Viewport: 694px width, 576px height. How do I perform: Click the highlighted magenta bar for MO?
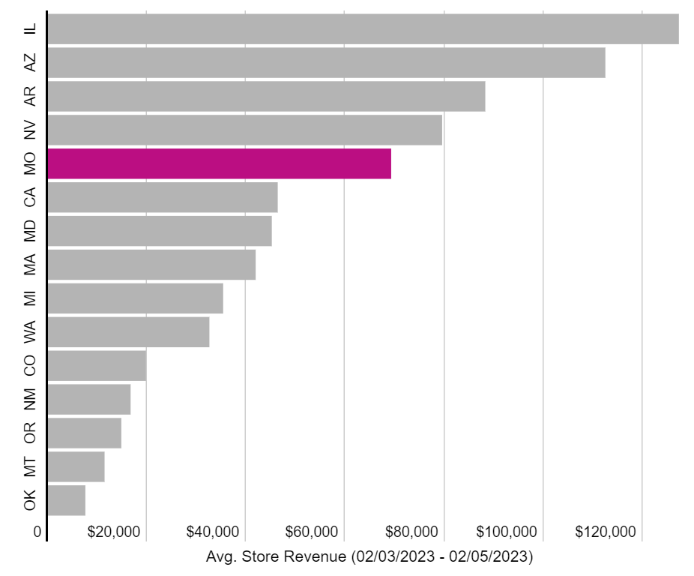click(219, 163)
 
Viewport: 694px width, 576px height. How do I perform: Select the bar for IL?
click(363, 28)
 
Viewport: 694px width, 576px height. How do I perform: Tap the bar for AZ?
click(326, 62)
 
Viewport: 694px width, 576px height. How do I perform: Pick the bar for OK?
click(66, 500)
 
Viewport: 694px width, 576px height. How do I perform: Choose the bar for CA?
click(162, 197)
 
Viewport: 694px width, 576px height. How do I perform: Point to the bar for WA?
click(128, 332)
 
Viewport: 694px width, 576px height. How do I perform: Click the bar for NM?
click(88, 399)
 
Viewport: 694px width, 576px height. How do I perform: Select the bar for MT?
click(76, 466)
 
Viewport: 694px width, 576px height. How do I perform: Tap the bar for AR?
click(266, 96)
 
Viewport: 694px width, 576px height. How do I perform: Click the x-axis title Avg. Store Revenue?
click(369, 557)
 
